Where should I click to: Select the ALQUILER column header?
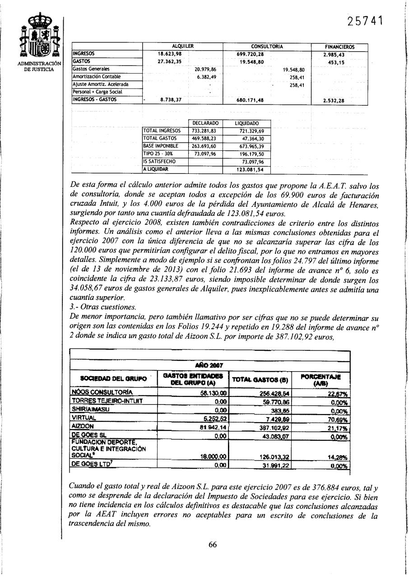(183, 47)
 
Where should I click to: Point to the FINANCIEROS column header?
(339, 47)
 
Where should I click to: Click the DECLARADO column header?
(205, 123)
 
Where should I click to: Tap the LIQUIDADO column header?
(247, 123)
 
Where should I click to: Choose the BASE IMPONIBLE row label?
(161, 146)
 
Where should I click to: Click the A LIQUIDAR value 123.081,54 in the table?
(250, 170)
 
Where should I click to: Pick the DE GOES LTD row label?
(87, 465)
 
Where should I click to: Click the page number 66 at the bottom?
(213, 544)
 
